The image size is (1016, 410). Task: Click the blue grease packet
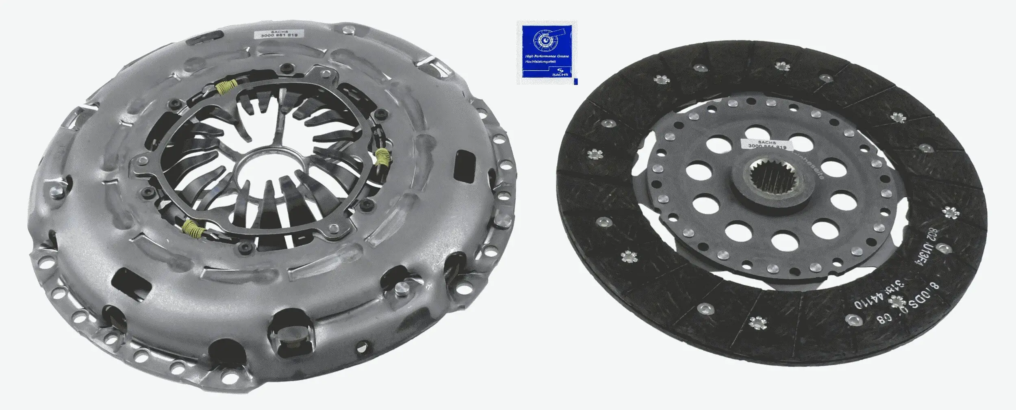pyautogui.click(x=547, y=53)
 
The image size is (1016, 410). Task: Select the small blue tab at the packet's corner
pyautogui.click(x=575, y=82)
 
